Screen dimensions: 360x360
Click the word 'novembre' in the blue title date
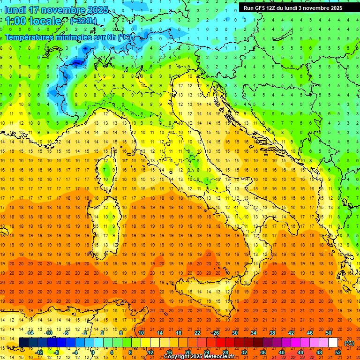pos(64,9)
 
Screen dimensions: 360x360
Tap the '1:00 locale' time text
pos(33,21)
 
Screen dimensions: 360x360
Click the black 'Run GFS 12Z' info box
pos(292,8)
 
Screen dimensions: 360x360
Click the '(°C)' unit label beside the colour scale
pos(349,343)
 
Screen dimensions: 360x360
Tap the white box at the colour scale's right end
pos(333,343)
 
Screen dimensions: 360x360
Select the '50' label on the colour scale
pos(329,333)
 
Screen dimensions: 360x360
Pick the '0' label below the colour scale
pos(93,352)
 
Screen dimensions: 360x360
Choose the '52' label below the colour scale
pos(338,352)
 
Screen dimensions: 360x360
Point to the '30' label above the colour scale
pos(235,333)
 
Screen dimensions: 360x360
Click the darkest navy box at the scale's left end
pos(23,343)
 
